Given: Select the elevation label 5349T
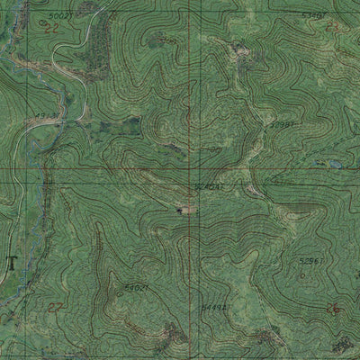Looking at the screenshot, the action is pos(311,16).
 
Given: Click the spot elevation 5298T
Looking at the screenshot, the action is pos(282,124).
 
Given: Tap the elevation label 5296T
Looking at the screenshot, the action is pos(310,260).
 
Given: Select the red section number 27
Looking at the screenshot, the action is pos(57,308).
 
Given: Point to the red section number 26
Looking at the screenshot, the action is pos(332,310).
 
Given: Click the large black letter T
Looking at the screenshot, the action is pos(11,263).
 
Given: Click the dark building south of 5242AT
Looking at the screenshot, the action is pos(185,210).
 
